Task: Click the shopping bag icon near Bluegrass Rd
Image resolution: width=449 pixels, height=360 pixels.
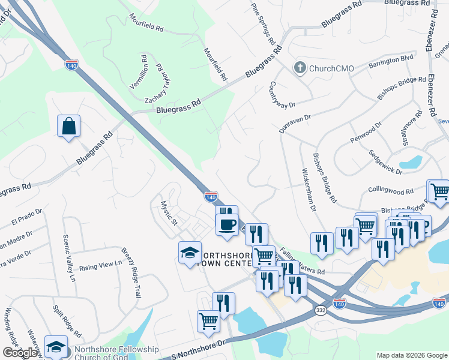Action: [x=69, y=127]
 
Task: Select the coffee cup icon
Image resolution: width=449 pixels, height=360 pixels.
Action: [x=227, y=224]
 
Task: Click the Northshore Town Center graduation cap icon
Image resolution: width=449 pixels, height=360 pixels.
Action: [x=190, y=253]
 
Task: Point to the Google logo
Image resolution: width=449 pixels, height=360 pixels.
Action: [x=20, y=353]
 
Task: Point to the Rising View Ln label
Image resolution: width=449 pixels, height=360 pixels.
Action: [x=100, y=265]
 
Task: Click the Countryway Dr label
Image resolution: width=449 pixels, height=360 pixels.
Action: [x=283, y=95]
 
